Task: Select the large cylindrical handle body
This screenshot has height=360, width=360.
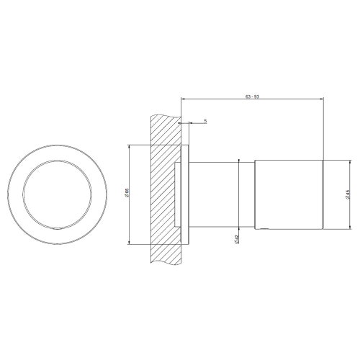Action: click(288, 194)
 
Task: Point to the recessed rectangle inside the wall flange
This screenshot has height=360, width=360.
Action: click(177, 194)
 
